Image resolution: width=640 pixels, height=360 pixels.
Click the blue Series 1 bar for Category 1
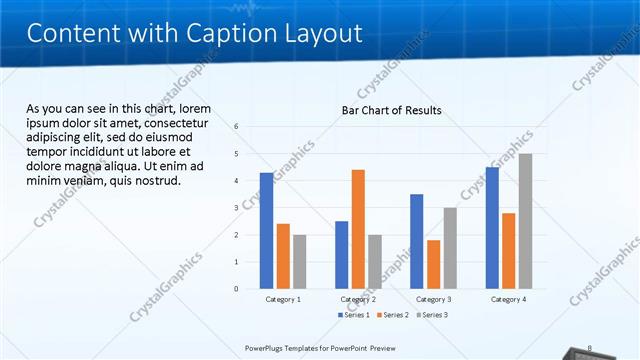point(266,231)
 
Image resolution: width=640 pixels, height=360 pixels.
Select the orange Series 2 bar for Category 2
point(358,229)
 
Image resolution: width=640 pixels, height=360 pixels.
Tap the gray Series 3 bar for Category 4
point(525,221)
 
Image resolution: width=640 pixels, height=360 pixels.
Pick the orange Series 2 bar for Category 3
point(433,264)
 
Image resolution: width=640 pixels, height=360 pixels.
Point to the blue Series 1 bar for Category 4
point(492,228)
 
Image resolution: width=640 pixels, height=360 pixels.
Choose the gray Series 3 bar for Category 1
point(299,262)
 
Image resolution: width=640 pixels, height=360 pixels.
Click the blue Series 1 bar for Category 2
point(341,255)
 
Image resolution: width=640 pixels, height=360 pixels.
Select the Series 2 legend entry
point(392,315)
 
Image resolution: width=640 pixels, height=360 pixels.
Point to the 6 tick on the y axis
point(236,127)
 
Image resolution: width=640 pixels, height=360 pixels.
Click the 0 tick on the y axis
point(236,289)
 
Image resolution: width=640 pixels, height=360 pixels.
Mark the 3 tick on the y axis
point(236,208)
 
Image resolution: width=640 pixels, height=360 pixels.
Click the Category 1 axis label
point(283,299)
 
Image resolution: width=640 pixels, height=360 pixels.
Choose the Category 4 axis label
point(508,299)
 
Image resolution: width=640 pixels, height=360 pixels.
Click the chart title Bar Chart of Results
point(392,109)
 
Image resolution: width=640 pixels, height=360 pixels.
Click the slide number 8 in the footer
point(590,348)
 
